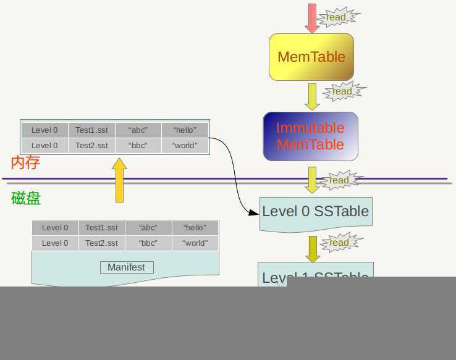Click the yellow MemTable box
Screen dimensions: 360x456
(x=311, y=57)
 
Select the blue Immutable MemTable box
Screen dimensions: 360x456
(x=310, y=136)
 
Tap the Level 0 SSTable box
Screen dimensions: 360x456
(x=315, y=212)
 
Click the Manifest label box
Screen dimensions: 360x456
(x=127, y=267)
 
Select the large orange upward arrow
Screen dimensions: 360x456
(x=119, y=180)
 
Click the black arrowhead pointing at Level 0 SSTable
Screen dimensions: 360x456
(x=253, y=212)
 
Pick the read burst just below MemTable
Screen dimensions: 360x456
(x=342, y=91)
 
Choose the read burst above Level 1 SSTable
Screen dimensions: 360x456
(x=339, y=243)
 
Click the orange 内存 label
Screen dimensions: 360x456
(x=25, y=162)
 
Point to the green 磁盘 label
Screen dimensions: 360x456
(x=26, y=198)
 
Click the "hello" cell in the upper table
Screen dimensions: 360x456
(x=185, y=130)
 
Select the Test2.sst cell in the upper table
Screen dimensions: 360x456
(x=91, y=146)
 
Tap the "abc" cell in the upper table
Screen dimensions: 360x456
(x=138, y=130)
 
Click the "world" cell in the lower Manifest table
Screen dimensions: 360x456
(x=195, y=243)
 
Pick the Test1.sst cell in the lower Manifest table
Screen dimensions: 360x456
(x=101, y=228)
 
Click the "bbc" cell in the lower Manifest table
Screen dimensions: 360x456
(x=148, y=243)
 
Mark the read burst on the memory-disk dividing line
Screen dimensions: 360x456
(x=339, y=180)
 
